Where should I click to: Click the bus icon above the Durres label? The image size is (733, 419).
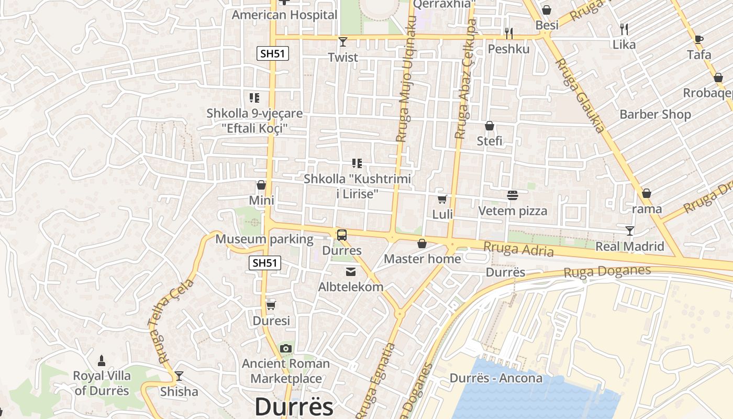coord(342,235)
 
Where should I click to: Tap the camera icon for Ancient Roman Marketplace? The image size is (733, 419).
coord(285,348)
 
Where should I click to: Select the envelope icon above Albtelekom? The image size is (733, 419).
coord(350,271)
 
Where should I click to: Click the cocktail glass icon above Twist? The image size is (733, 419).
coord(343,41)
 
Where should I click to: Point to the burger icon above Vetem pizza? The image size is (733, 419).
coord(513,195)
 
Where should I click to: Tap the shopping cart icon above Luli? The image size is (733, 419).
coord(442,199)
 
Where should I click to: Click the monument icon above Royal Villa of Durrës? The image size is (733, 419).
coord(102,360)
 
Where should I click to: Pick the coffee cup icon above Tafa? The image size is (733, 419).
coord(698,39)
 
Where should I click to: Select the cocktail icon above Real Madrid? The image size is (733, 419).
coord(630,230)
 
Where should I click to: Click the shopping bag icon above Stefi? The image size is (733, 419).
coord(490,126)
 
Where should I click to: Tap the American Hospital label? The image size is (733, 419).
coord(284,15)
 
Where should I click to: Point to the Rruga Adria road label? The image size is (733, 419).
coord(518,249)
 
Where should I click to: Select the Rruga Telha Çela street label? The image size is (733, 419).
coord(171,321)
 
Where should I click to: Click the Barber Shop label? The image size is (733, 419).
coord(655,114)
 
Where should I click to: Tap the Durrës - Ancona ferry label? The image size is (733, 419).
coord(496,378)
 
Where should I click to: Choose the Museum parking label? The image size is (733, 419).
coord(264,239)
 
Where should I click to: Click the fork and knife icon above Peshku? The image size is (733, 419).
coord(509,34)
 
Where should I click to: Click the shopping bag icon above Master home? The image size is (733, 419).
coord(422,244)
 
